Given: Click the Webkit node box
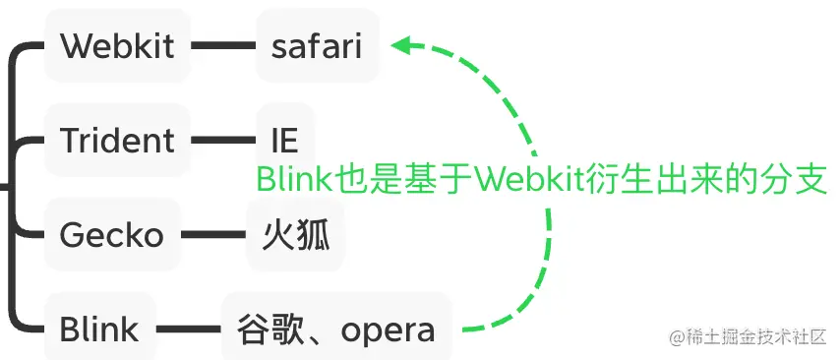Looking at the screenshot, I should (117, 46).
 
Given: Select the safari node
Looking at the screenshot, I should (317, 46).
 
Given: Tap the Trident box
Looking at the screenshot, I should (117, 140).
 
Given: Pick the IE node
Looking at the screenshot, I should (284, 140).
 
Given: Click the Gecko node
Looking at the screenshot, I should (111, 235).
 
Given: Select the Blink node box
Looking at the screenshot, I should (99, 330).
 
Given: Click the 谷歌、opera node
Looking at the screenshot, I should (336, 330).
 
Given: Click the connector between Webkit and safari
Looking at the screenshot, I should (223, 45).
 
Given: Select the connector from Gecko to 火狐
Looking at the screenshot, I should (213, 235).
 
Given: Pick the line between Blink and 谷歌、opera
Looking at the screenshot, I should (189, 330).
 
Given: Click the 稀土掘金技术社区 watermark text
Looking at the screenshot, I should (756, 336).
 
